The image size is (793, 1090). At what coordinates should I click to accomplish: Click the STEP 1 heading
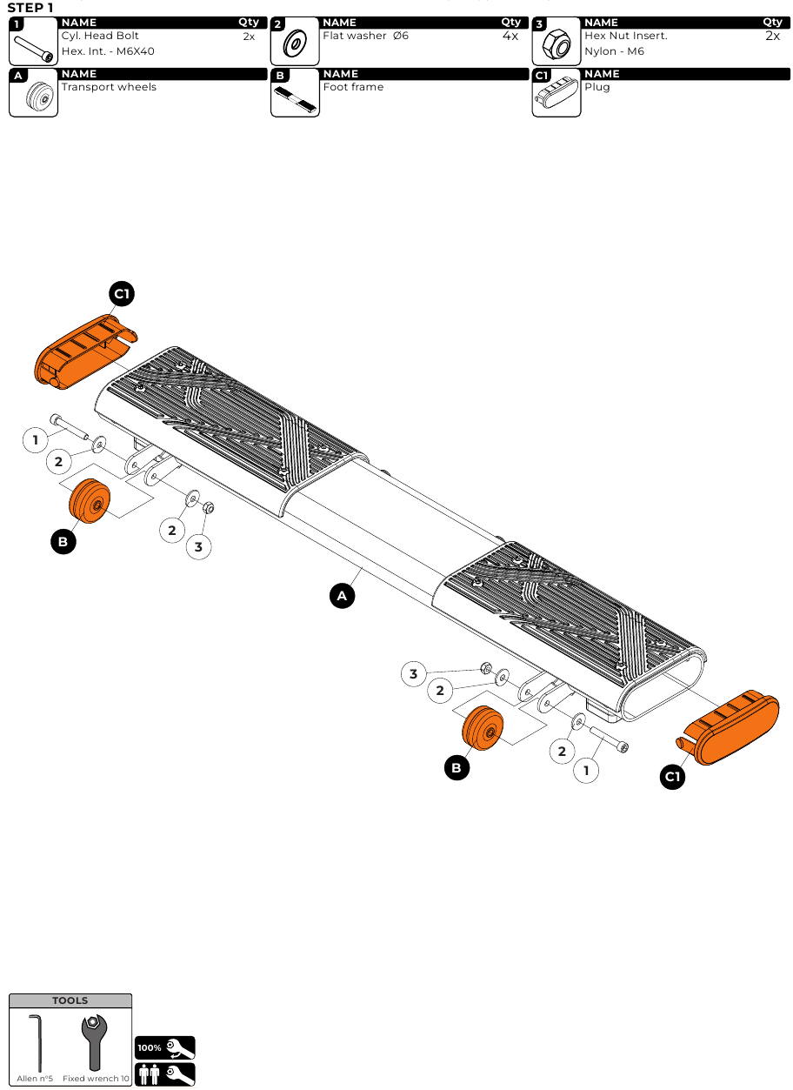click(30, 8)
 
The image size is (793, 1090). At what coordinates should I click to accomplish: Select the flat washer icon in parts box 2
click(295, 43)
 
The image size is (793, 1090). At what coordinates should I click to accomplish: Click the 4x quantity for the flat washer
click(510, 36)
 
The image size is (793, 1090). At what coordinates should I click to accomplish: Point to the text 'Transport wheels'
click(109, 87)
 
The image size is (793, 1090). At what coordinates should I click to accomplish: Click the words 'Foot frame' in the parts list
click(353, 87)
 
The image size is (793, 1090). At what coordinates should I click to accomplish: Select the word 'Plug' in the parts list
click(597, 88)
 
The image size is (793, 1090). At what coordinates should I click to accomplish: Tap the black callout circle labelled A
click(342, 596)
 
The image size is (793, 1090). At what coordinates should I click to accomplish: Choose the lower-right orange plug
click(730, 727)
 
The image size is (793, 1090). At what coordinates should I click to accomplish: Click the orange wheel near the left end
click(90, 501)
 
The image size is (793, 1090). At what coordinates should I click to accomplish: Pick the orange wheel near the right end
click(483, 728)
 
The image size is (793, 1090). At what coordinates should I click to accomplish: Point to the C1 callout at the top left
click(122, 293)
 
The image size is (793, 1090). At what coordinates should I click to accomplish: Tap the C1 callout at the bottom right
click(672, 777)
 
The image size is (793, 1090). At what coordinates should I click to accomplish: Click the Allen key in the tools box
click(36, 1043)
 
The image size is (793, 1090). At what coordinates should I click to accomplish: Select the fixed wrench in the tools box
click(95, 1042)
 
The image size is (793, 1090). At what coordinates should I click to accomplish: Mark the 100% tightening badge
click(165, 1047)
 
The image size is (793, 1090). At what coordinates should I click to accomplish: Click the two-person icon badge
click(165, 1074)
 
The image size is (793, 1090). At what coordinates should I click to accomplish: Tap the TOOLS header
click(70, 1000)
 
